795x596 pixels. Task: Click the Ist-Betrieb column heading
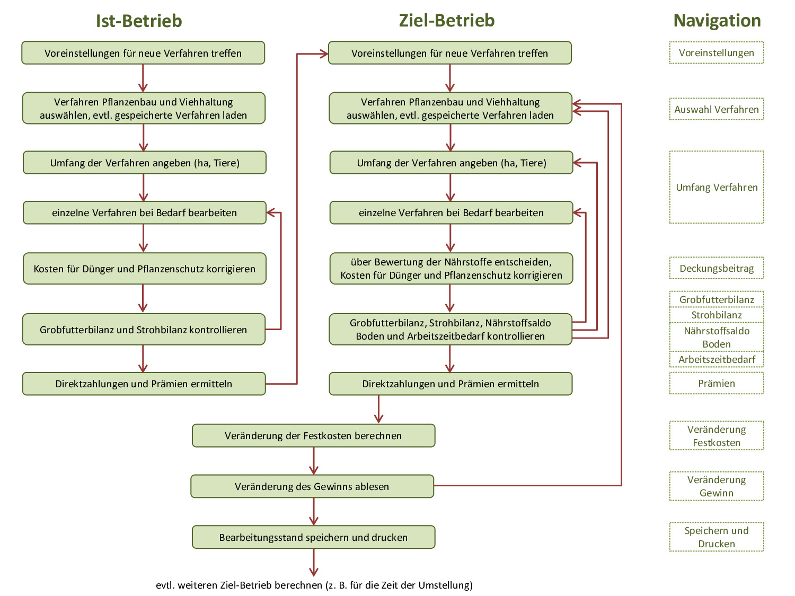[x=139, y=21]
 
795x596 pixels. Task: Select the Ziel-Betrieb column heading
[x=447, y=20]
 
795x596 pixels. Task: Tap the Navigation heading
[x=717, y=20]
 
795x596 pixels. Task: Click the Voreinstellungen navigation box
[x=717, y=53]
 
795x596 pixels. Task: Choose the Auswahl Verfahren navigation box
[x=717, y=109]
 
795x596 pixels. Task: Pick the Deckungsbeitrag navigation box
[x=717, y=268]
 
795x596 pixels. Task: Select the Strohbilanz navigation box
[x=717, y=315]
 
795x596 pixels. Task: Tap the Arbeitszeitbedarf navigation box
[x=717, y=359]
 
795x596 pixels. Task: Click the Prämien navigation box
[x=717, y=383]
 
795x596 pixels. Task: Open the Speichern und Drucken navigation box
[x=717, y=537]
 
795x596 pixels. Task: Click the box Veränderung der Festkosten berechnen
[x=313, y=435]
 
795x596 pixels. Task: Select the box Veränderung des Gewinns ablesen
[x=312, y=486]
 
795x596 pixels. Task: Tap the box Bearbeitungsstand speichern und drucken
[x=313, y=537]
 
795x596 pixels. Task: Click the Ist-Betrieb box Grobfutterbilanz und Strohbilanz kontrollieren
[x=144, y=330]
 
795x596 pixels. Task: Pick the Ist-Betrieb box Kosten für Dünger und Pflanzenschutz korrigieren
[x=144, y=269]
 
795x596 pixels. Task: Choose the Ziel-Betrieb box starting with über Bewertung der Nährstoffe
[x=451, y=269]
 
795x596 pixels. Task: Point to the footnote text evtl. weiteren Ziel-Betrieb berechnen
[x=314, y=585]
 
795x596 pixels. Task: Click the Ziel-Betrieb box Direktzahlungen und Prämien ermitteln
[x=450, y=384]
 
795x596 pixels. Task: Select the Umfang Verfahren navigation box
[x=717, y=187]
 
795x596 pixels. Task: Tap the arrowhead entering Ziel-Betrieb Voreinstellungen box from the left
[x=324, y=54]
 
